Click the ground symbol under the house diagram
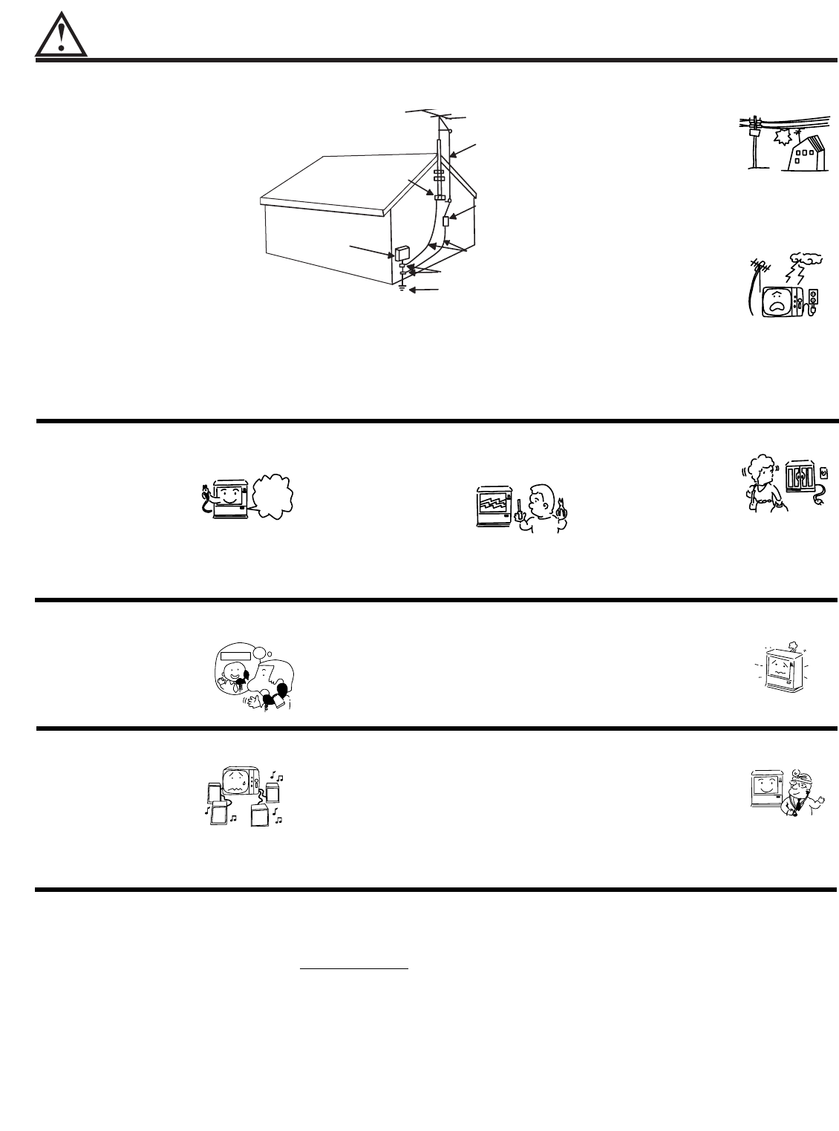click(402, 287)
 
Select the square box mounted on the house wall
click(402, 252)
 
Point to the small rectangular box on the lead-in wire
click(445, 221)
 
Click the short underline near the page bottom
click(354, 968)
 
